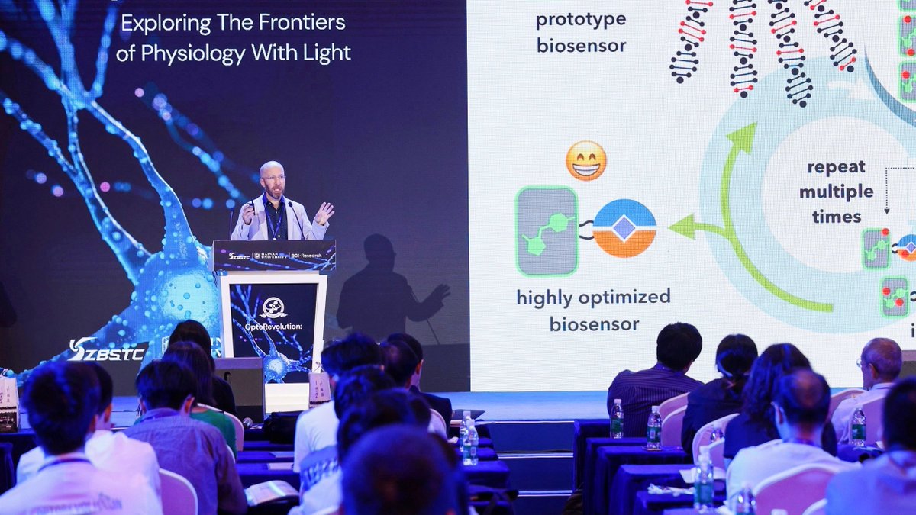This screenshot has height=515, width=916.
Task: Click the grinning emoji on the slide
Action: coord(586,160)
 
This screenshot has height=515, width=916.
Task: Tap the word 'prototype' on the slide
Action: coord(581,19)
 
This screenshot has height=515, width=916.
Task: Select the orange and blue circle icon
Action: coord(624,228)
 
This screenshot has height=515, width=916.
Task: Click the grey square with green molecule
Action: coord(547,231)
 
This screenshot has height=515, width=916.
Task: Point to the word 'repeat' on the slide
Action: coord(836,166)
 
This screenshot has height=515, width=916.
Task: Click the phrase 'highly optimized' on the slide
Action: coord(593,297)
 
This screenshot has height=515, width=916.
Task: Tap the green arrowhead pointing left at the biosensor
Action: coord(681,227)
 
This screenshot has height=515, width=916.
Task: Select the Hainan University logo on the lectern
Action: coord(272,256)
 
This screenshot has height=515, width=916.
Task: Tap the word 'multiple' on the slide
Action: coord(836,192)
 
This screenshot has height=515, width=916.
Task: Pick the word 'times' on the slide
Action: coord(836,217)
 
